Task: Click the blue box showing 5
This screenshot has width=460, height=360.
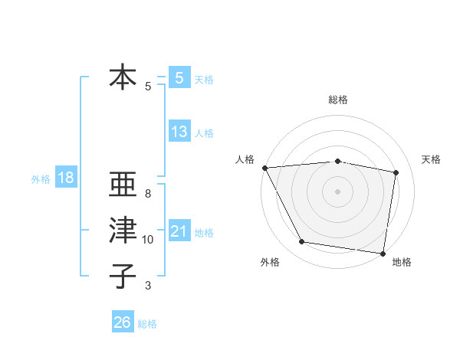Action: pos(179,77)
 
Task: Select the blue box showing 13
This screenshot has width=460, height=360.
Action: pos(179,132)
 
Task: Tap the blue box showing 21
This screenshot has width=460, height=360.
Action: pos(179,231)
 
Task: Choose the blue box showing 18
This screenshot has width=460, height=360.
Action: pos(66,178)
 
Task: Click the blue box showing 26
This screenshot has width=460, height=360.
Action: pos(123,322)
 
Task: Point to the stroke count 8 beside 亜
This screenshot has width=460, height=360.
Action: pos(148,194)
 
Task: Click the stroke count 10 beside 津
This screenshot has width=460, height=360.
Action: pos(148,240)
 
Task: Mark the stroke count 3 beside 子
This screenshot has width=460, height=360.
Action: pos(148,286)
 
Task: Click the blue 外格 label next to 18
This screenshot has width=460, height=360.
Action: pos(40,179)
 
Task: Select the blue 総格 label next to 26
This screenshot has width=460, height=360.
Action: pos(147,324)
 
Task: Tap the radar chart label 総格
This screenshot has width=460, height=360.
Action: pos(338,100)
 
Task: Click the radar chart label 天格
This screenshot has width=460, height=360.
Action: pos(431,159)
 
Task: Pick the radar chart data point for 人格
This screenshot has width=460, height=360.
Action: pos(264,167)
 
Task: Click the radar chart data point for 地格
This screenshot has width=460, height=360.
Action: pos(383,253)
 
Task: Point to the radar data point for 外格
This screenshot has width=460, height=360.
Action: pos(302,242)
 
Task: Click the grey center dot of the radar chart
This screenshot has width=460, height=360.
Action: pos(338,191)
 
